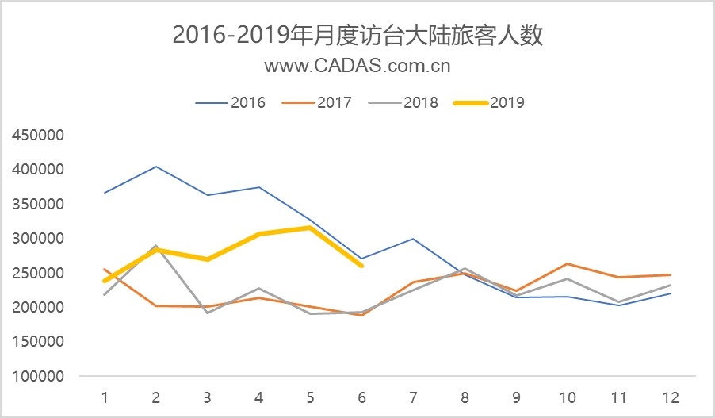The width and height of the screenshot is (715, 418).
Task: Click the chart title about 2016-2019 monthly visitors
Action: click(357, 36)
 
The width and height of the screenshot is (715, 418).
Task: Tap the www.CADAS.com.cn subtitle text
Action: click(357, 66)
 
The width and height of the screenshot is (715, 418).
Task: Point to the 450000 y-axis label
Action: click(38, 135)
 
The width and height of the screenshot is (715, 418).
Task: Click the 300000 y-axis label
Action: click(38, 238)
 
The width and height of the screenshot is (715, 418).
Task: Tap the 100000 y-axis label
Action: click(38, 376)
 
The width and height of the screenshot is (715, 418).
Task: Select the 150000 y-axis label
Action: click(38, 342)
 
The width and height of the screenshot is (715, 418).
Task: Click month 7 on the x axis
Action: click(413, 396)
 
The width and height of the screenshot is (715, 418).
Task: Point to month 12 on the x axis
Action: click(670, 396)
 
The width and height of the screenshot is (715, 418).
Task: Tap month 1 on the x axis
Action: click(105, 396)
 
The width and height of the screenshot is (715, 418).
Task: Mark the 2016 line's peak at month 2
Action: click(156, 167)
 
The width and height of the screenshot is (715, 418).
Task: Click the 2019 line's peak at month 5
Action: click(310, 228)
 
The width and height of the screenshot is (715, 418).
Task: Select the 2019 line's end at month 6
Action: click(361, 266)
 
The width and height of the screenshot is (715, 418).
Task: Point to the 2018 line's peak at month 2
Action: click(156, 246)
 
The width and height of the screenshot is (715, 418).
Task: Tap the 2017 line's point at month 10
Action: click(568, 263)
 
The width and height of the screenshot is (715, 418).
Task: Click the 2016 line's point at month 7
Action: click(413, 239)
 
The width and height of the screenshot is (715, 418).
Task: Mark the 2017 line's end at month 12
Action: click(670, 274)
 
